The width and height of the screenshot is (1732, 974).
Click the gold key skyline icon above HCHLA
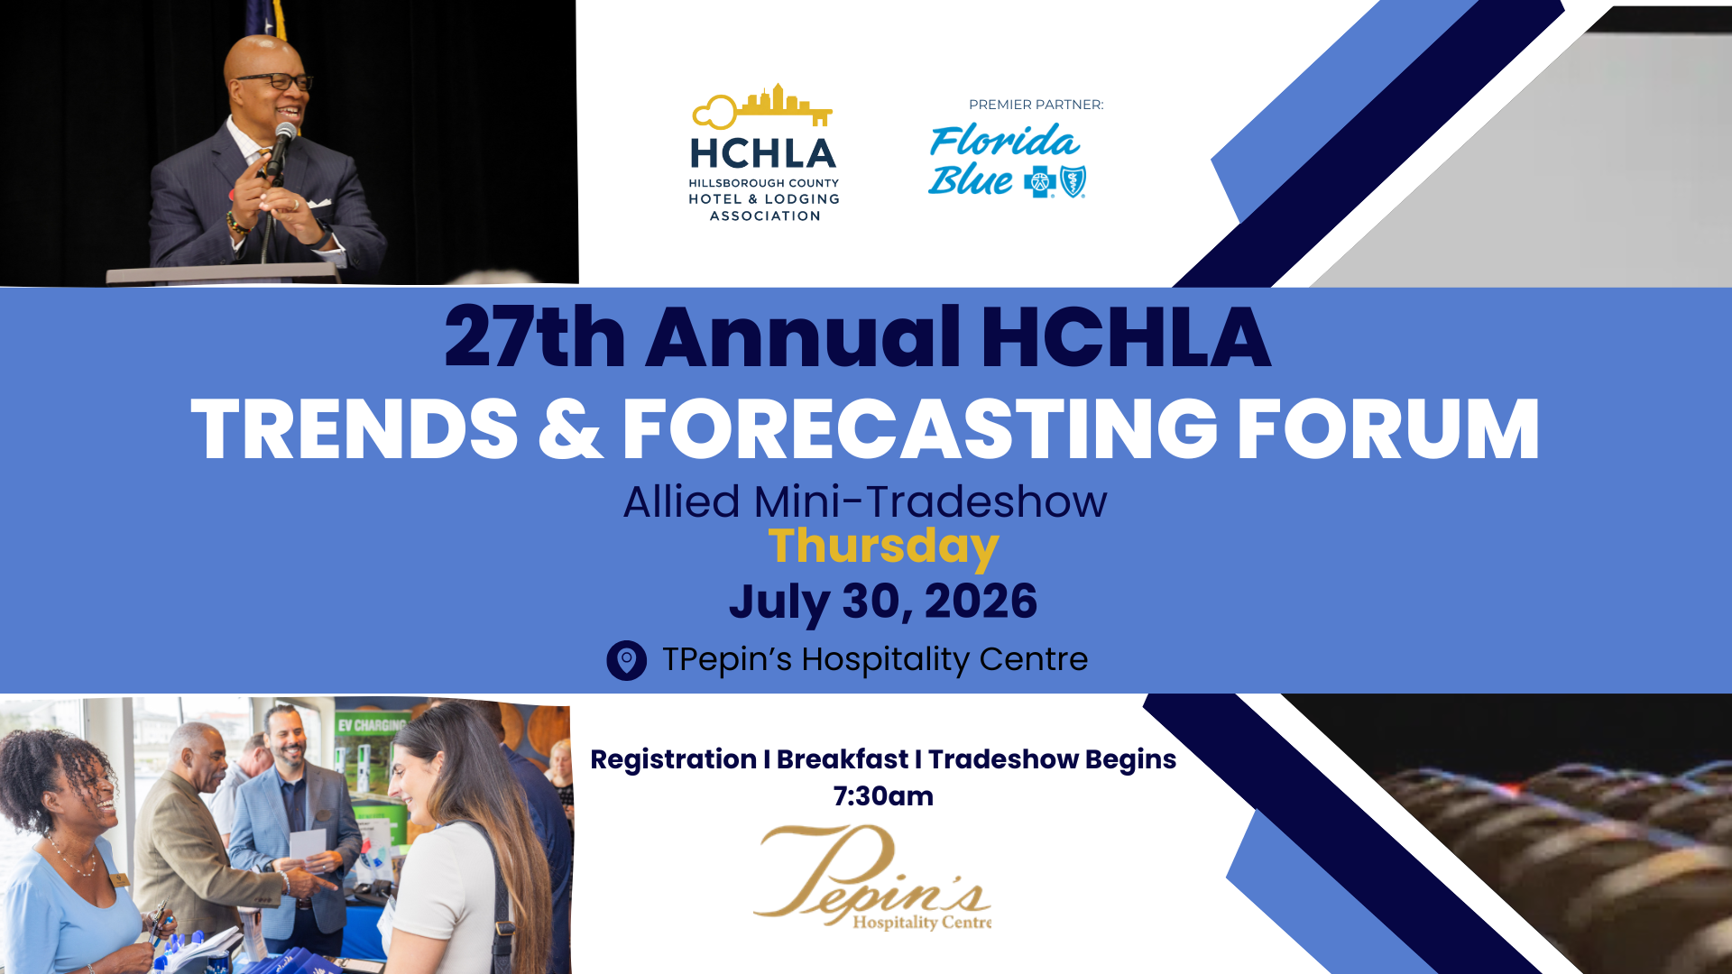pos(762,106)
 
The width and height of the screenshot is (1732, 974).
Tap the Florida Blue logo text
pos(1003,161)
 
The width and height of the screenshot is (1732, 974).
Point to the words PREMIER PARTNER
pos(1036,105)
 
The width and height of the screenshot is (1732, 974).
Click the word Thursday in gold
pos(883,546)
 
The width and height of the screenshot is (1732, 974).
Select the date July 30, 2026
pos(883,602)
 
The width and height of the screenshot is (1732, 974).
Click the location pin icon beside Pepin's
pos(627,660)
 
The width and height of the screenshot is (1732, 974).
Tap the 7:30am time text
pos(883,796)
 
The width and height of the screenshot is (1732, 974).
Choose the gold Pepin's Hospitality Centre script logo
pos(872,877)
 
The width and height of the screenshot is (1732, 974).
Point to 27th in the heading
pos(535,337)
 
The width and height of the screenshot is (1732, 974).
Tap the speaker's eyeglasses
pos(275,81)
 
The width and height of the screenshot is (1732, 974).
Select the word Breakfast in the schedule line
pos(843,759)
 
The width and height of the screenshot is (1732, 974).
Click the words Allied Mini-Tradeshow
pos(865,501)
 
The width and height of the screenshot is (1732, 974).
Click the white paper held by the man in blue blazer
pos(308,846)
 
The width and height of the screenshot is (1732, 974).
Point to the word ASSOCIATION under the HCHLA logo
pos(765,216)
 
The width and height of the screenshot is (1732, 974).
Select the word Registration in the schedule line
pos(674,759)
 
